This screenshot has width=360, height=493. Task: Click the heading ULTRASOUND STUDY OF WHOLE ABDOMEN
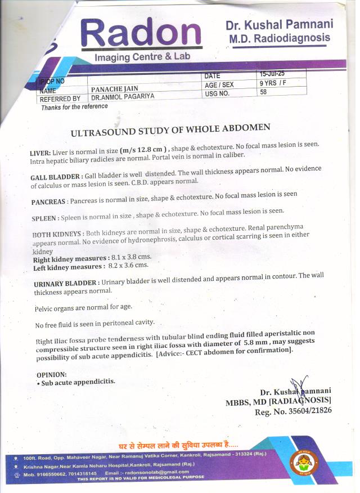170,131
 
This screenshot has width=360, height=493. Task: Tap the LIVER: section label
40,153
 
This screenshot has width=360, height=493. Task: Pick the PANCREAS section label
49,201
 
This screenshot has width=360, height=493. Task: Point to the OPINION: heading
51,374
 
